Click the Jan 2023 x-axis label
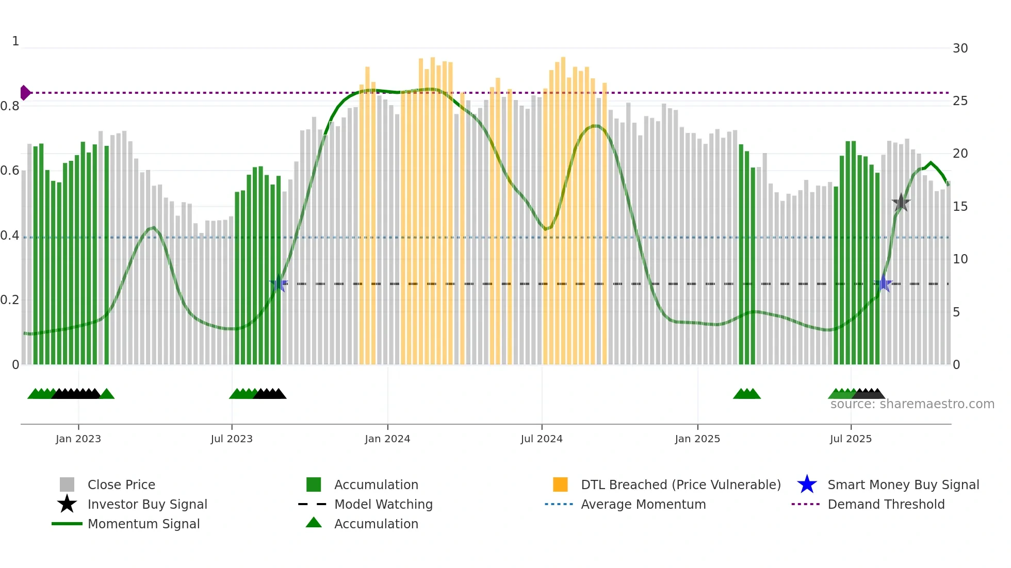(x=78, y=439)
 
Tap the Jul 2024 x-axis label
(x=542, y=439)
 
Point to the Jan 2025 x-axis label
(x=697, y=439)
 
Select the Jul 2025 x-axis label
(x=851, y=439)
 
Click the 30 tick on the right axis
(x=960, y=48)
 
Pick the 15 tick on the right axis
(x=960, y=207)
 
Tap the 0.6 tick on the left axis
(x=10, y=171)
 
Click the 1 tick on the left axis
(x=15, y=41)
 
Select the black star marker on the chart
(x=901, y=203)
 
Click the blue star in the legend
(x=807, y=485)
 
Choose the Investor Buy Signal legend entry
(x=147, y=504)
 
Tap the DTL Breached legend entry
(x=680, y=485)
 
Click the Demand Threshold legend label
(x=886, y=504)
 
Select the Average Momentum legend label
(x=643, y=504)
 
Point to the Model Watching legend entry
(x=383, y=504)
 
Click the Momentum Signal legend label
(x=143, y=524)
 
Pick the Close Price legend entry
(x=121, y=485)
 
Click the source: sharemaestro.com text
(x=912, y=404)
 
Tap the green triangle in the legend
(x=314, y=523)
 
